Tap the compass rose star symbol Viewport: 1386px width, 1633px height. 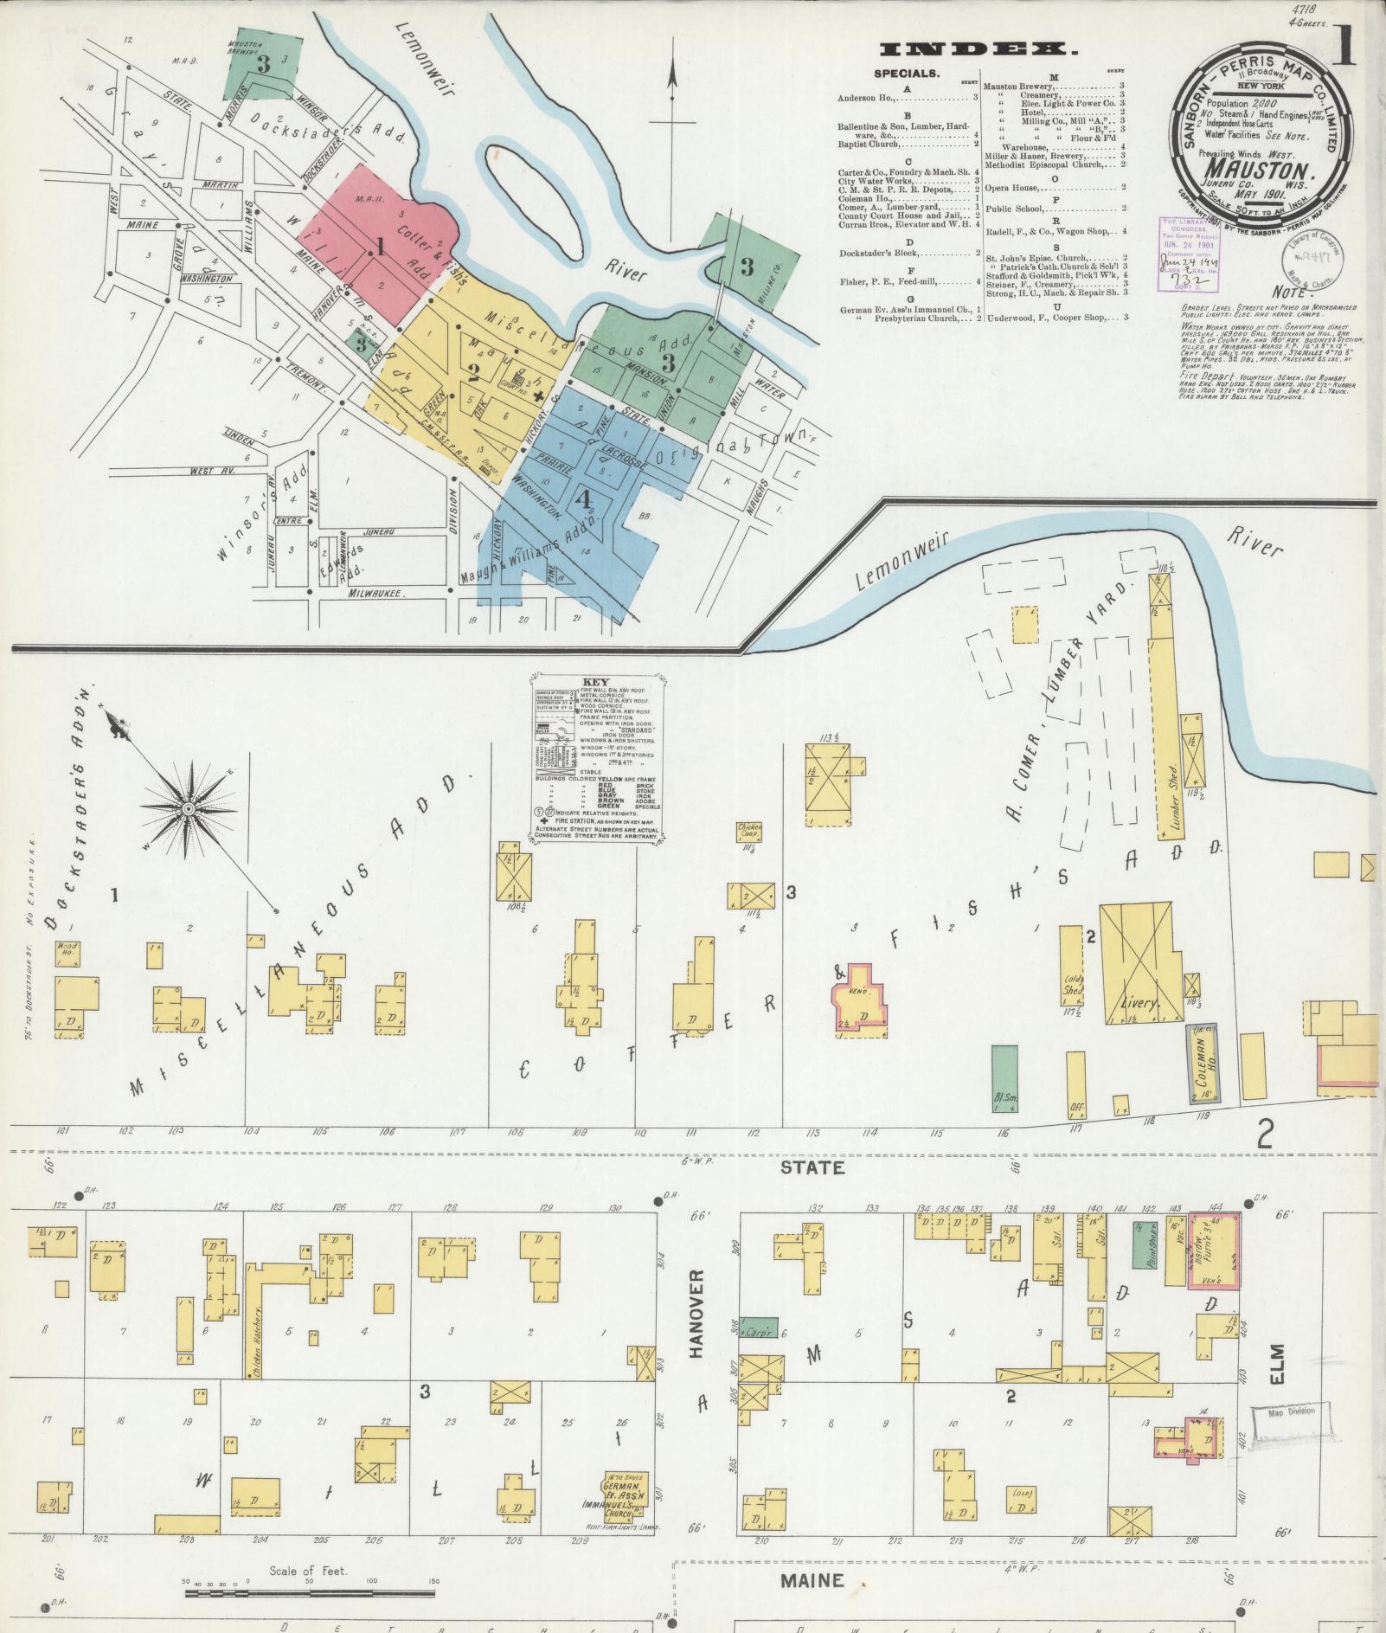(187, 808)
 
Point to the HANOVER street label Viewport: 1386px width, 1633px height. (700, 1308)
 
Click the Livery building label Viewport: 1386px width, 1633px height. (1139, 1002)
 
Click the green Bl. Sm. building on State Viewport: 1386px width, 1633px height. (1004, 1078)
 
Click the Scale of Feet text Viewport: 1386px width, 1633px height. (308, 1571)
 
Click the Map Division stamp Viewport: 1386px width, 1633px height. (1290, 1411)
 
